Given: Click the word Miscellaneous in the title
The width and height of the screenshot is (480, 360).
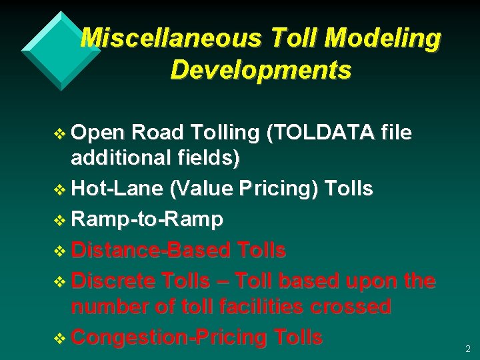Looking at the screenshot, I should coord(171,39).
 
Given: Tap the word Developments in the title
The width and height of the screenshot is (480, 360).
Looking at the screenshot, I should coord(261,69).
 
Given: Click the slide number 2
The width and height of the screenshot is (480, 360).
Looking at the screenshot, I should coord(467,349).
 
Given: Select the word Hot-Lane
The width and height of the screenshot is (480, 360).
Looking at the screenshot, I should coord(117,189).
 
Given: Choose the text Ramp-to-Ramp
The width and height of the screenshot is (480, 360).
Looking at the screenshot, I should coord(147,219).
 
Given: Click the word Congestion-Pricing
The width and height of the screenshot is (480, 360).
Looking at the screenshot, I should coord(167,337).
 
